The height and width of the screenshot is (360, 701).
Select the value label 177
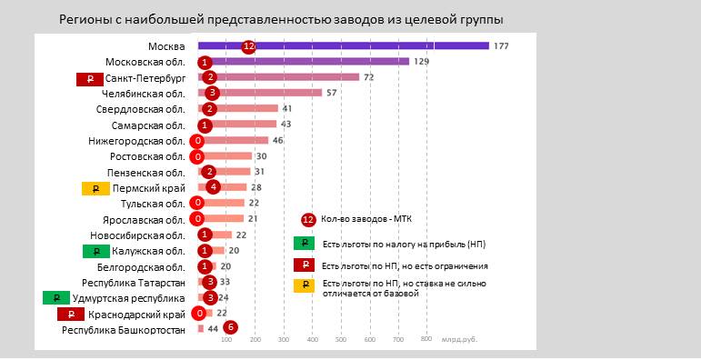point(501,46)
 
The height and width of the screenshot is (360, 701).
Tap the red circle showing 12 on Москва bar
point(248,46)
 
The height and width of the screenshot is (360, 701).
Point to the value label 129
point(421,62)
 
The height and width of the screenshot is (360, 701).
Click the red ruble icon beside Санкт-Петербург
point(89,79)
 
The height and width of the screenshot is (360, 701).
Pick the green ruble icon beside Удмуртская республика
point(56,298)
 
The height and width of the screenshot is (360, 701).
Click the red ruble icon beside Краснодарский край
point(70,314)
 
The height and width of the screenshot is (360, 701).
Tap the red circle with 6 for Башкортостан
point(231,328)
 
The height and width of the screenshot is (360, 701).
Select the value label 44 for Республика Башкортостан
point(213,329)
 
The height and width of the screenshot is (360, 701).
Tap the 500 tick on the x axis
point(340,340)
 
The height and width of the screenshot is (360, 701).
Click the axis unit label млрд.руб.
point(460,340)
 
